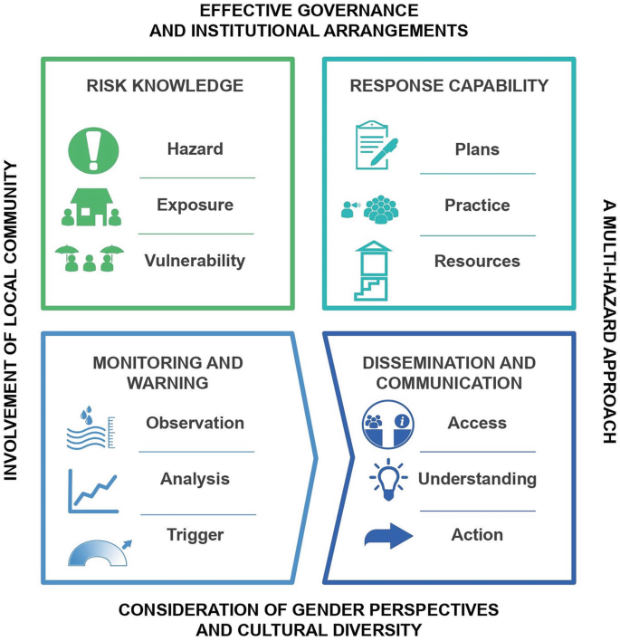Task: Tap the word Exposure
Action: pos(195,205)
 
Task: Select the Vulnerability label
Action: pos(195,261)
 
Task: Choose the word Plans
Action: pos(477,149)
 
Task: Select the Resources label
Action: pos(477,261)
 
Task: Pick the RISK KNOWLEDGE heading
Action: pos(165,86)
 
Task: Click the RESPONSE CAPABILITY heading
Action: pos(449,86)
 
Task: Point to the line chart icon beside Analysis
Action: pos(93,490)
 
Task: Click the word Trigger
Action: pos(195,534)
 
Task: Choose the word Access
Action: pos(477,423)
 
